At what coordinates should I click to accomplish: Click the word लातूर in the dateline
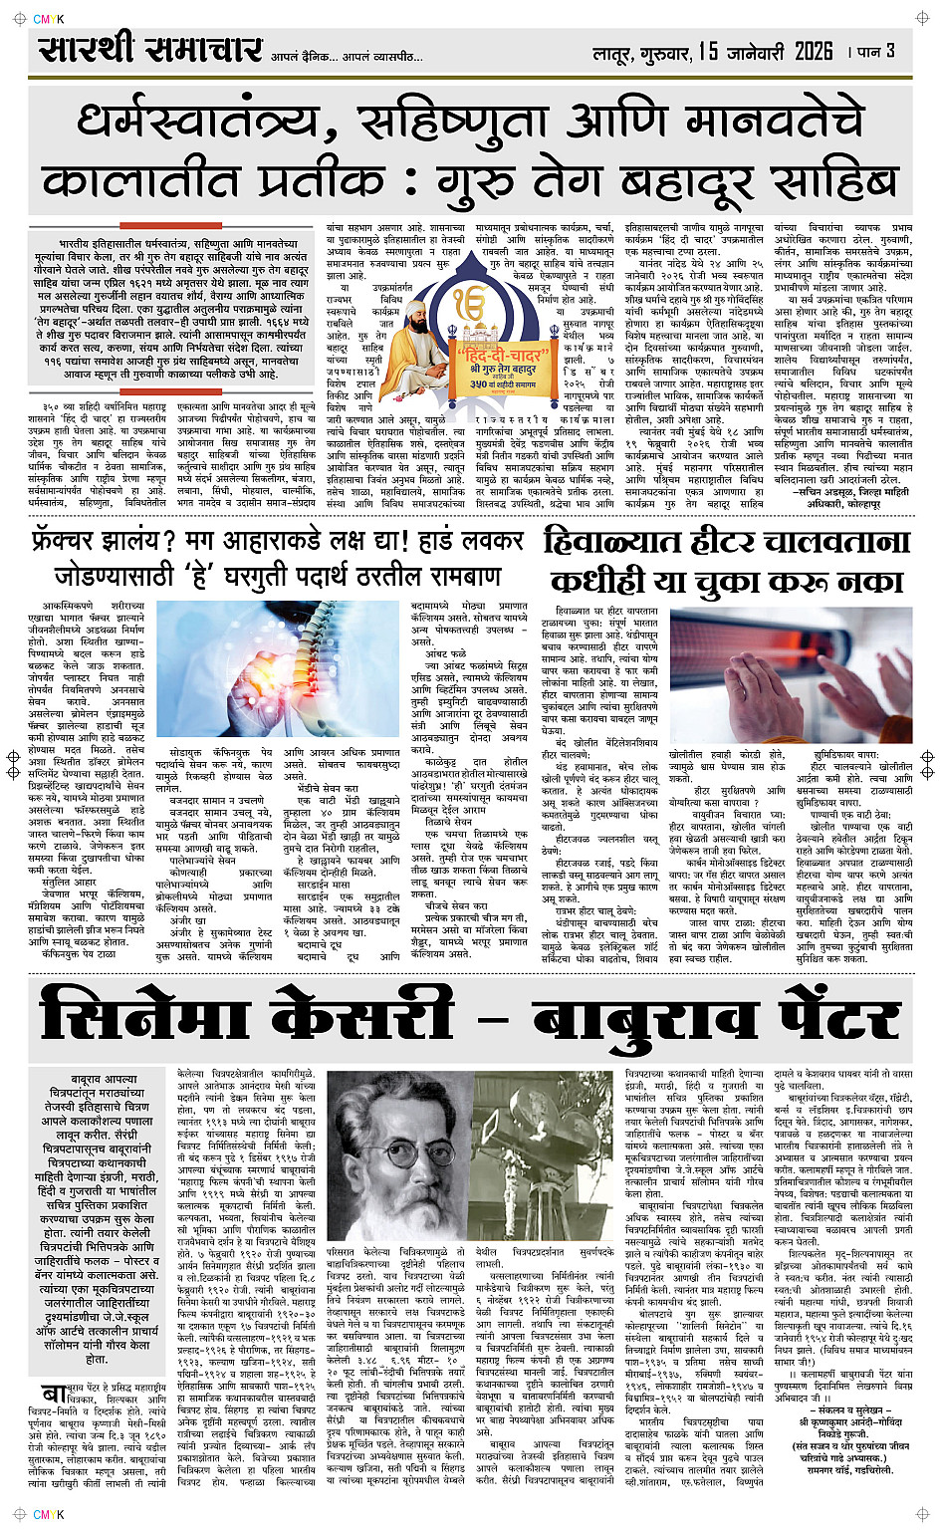615,52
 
